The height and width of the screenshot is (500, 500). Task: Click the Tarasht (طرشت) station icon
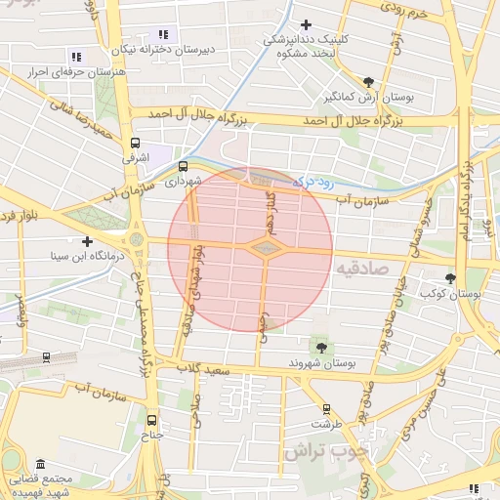click(x=326, y=409)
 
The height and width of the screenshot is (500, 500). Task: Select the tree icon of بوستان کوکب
click(x=450, y=277)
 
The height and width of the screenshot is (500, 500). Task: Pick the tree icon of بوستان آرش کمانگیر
click(x=367, y=82)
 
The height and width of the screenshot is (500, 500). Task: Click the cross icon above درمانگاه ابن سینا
click(x=88, y=241)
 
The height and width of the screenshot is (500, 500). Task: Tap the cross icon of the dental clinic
click(x=307, y=24)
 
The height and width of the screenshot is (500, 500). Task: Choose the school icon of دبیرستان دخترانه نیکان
click(x=162, y=34)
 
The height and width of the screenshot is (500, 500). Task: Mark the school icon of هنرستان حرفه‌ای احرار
click(x=77, y=57)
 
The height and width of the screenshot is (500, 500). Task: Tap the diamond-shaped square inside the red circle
click(x=264, y=249)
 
